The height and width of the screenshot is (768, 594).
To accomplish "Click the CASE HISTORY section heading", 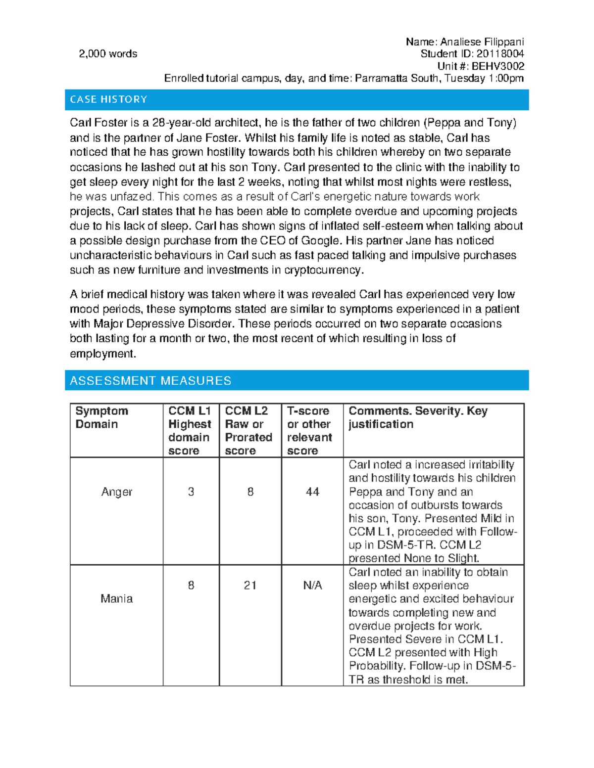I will click(x=108, y=99).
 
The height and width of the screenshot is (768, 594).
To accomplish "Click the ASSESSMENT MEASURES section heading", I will click(x=150, y=380).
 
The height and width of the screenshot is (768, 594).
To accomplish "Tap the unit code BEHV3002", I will click(x=497, y=66).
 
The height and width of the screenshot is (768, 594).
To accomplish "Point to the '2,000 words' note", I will click(x=108, y=54).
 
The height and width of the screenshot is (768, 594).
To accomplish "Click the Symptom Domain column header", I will click(x=102, y=417).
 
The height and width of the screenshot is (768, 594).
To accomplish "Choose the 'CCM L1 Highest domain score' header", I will click(x=190, y=430).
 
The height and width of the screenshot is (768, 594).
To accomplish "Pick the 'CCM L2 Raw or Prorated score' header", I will click(x=248, y=430).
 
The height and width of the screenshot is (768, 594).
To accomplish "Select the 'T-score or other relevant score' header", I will click(x=309, y=430).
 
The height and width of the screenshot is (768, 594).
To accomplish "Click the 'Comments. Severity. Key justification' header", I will click(x=418, y=417).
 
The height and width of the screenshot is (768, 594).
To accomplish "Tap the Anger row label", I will click(x=116, y=492).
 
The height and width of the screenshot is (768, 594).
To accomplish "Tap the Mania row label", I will click(x=116, y=598).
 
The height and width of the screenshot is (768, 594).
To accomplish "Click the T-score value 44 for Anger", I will click(x=312, y=492).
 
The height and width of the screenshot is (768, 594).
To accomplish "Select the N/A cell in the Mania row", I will click(x=312, y=586).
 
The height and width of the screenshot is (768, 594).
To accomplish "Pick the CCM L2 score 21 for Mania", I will click(x=250, y=586).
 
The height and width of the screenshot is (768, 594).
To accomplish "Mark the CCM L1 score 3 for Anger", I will click(x=191, y=492).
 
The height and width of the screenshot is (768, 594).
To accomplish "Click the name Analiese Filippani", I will click(x=482, y=42).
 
